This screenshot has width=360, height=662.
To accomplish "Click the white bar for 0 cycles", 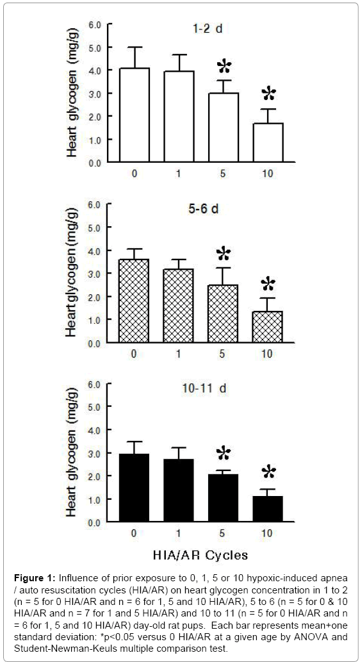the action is click(x=135, y=115).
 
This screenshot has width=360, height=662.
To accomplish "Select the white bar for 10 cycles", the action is click(x=268, y=143).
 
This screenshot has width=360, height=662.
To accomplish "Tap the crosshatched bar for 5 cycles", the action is click(x=223, y=313).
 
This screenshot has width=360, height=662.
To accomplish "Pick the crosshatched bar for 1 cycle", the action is click(x=179, y=306).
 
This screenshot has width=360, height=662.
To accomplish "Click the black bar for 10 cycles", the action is click(x=268, y=509).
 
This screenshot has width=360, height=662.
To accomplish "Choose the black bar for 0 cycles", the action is click(x=135, y=488).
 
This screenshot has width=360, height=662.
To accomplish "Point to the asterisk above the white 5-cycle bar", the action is click(x=224, y=66).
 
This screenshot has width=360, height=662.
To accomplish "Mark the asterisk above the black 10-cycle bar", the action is click(x=268, y=472).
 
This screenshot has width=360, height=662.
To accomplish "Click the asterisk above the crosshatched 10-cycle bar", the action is click(x=268, y=284).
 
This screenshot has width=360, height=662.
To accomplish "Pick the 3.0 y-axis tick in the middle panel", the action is click(x=95, y=274).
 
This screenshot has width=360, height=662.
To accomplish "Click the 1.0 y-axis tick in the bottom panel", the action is click(x=95, y=499).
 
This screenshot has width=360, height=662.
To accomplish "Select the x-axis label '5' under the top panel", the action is click(x=223, y=173).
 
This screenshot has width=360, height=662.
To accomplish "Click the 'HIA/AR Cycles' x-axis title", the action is click(x=200, y=555).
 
